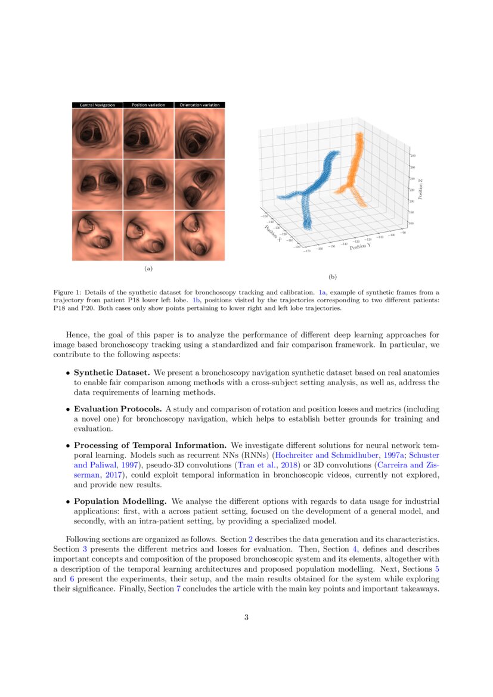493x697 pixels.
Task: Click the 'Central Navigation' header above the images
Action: [97, 105]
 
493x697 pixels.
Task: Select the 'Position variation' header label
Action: [148, 105]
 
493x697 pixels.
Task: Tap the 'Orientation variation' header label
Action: [199, 105]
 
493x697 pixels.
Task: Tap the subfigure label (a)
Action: [148, 269]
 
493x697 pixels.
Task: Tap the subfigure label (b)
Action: [332, 277]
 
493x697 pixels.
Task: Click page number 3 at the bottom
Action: [246, 617]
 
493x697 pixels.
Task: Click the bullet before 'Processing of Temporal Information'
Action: [67, 446]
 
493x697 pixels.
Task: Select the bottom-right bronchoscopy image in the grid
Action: [199, 236]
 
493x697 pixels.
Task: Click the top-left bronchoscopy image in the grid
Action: [97, 134]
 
